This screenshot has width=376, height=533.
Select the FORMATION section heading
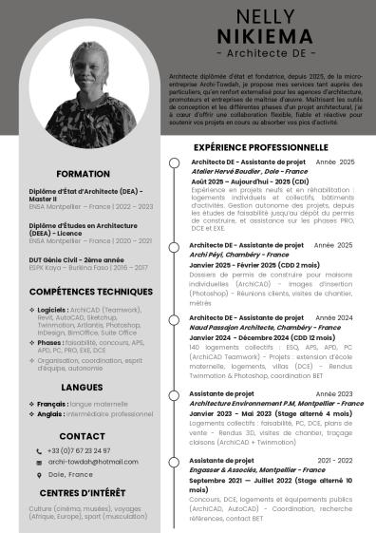[83, 175]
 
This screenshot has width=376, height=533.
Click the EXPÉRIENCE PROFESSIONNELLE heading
[261, 148]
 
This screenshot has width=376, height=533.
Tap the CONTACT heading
[83, 436]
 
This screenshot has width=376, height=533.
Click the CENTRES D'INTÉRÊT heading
[84, 492]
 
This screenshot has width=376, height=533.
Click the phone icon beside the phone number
[39, 449]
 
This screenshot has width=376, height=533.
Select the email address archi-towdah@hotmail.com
[93, 461]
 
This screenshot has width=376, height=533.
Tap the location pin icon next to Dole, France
[39, 473]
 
